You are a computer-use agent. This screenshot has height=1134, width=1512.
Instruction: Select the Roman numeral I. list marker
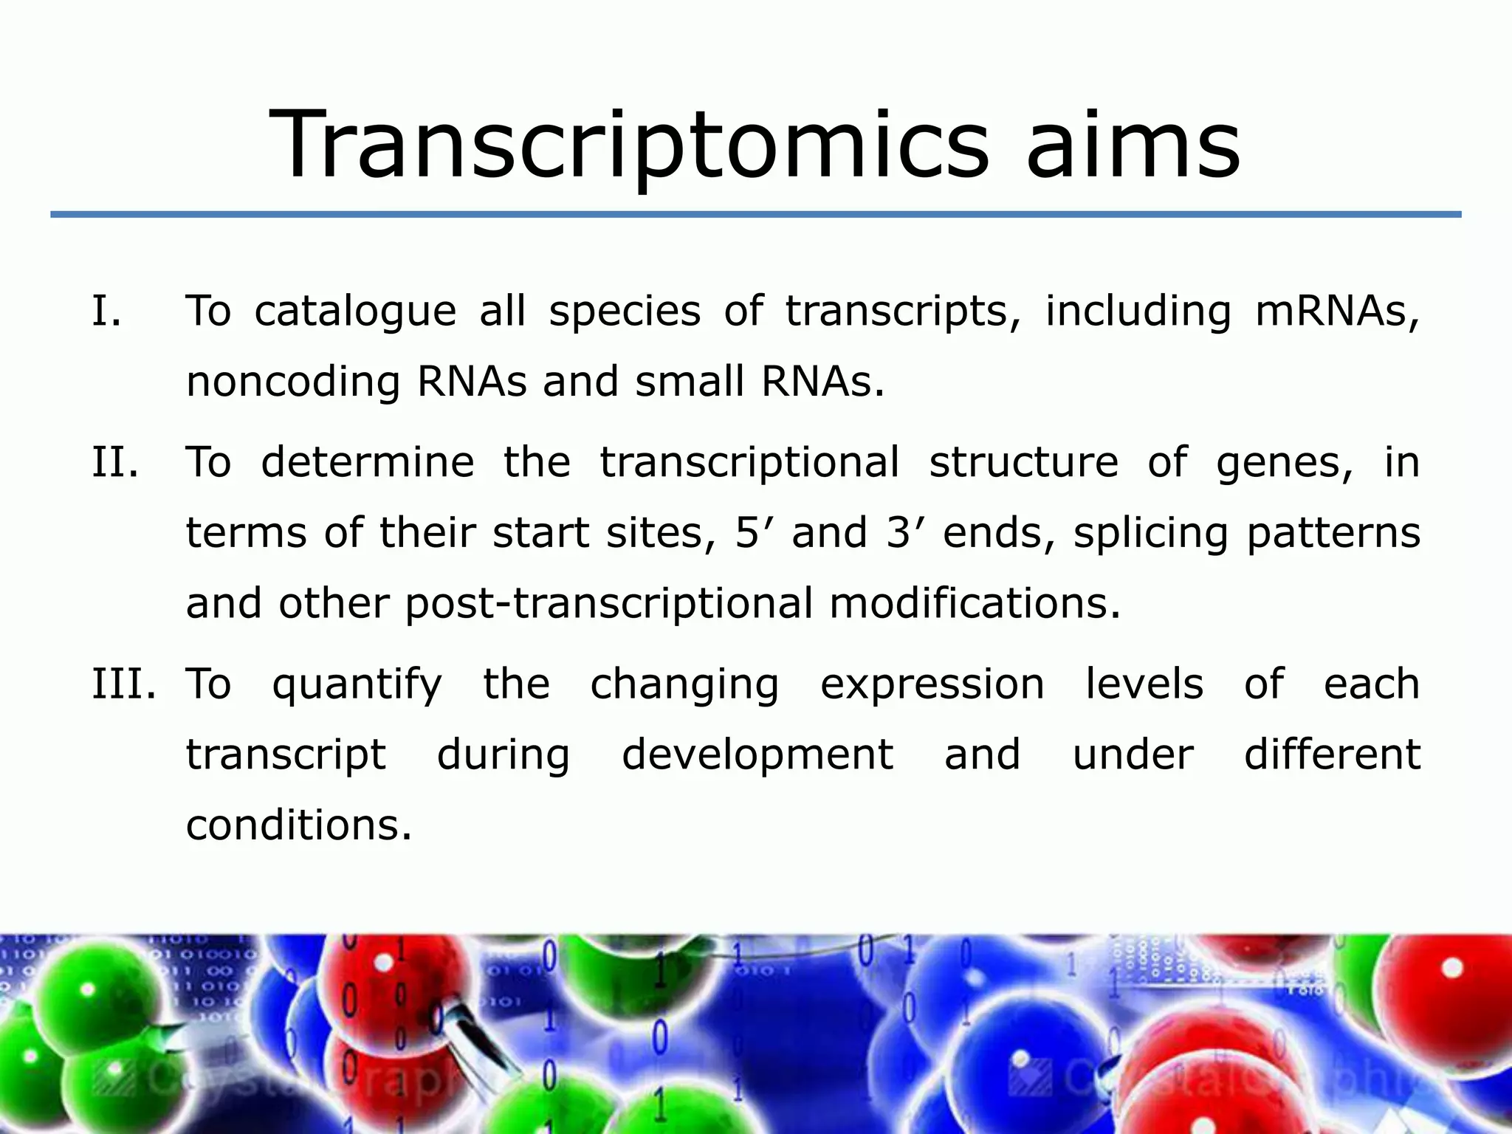(106, 310)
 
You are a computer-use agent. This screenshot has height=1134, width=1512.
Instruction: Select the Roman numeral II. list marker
(115, 462)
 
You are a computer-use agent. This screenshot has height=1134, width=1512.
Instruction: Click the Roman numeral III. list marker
(123, 684)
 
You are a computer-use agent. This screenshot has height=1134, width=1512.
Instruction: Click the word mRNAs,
(1337, 310)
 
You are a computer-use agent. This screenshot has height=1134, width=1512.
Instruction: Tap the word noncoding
(293, 382)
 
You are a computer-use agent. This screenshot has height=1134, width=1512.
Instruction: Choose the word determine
(367, 462)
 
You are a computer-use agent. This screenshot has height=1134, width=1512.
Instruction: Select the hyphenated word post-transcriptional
(608, 604)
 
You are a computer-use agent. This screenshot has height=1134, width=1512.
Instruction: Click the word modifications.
(975, 602)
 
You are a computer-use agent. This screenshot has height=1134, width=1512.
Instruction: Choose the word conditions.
(298, 825)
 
